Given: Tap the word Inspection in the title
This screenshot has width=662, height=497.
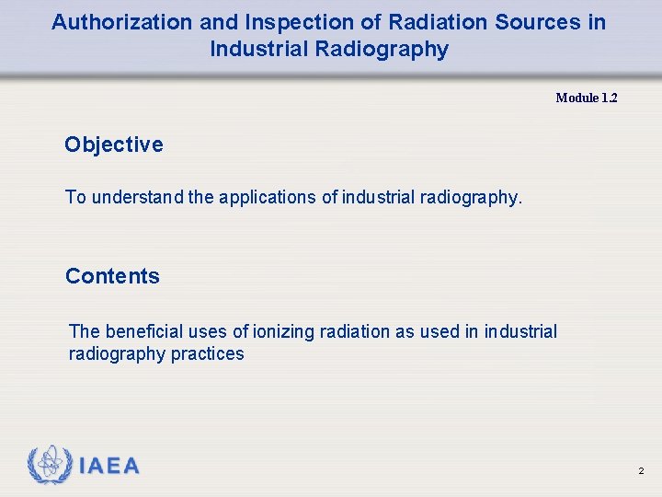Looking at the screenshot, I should coord(286,22).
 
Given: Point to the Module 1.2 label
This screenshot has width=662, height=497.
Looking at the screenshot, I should coord(587,98).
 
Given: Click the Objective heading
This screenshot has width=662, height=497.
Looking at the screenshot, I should coord(114,144).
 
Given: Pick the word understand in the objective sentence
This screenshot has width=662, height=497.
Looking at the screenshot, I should coord(138,196).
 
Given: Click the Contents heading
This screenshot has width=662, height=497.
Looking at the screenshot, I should coord(112,276).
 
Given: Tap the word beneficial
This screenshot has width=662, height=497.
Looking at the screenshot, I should coord(144,331).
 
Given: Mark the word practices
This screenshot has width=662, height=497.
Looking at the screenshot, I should coord(208,354).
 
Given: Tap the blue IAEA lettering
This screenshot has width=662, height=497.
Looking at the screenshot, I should coord(109,467).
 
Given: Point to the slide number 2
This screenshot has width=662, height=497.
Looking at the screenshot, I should coord(641,471).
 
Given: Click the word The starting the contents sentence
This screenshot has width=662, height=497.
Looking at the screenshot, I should coord(85,331).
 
